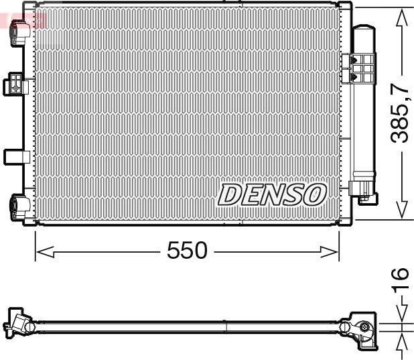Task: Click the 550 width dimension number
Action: [x=187, y=250]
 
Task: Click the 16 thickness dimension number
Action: [x=401, y=281]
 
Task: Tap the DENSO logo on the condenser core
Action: [x=272, y=195]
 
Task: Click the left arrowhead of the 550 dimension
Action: [x=45, y=251]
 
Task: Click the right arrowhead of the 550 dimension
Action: [x=329, y=251]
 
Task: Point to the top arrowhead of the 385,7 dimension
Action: [x=402, y=17]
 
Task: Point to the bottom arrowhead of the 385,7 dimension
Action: [x=402, y=209]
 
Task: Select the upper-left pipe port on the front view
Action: [x=20, y=33]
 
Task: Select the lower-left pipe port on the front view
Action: [x=20, y=207]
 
